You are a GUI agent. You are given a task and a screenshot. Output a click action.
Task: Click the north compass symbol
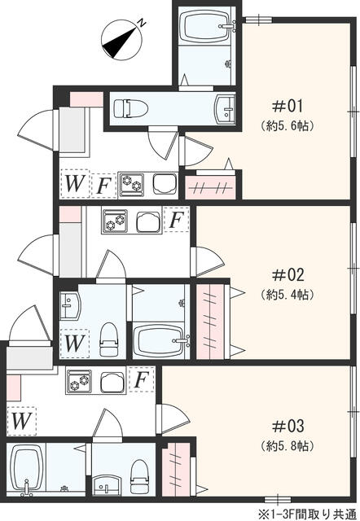122,38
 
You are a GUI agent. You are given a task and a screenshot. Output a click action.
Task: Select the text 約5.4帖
288,292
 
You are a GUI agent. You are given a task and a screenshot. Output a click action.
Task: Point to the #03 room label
288,425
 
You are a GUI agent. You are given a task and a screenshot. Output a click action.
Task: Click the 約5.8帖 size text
288,447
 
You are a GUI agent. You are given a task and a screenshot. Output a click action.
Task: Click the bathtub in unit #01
204,28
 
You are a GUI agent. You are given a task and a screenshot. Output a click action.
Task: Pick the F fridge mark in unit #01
103,185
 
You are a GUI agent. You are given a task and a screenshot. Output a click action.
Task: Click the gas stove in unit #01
130,184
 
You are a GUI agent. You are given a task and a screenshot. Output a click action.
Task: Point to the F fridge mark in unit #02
176,220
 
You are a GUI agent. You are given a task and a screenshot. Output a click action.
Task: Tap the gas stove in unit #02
115,221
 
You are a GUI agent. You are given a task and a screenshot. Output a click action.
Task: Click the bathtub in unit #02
160,339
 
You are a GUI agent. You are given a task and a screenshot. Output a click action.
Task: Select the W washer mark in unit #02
74,342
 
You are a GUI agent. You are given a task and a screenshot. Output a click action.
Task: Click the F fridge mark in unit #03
141,380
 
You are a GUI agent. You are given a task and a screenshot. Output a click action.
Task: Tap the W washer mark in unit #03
22,421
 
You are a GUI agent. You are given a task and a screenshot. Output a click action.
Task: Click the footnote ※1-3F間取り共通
307,514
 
